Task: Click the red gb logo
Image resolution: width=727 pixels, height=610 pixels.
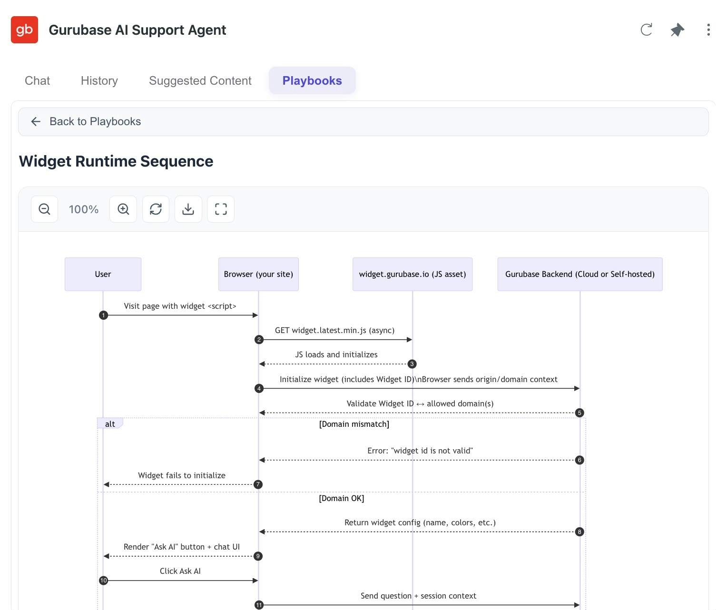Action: [x=24, y=30]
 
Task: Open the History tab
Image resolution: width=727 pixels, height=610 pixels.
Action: [x=99, y=80]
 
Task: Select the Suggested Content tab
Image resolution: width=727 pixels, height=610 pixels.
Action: [x=200, y=80]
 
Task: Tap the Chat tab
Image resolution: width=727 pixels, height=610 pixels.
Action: [x=37, y=80]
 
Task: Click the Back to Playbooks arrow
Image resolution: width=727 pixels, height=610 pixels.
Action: [x=36, y=121]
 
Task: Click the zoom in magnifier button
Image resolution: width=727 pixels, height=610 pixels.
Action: [x=123, y=209]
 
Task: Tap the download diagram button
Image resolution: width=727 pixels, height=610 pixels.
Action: [x=188, y=209]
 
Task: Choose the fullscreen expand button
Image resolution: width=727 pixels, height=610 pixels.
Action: [x=221, y=209]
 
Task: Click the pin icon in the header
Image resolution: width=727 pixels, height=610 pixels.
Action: [x=677, y=30]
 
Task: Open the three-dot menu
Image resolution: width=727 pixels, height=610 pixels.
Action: [x=708, y=30]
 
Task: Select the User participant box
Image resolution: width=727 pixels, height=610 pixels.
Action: [x=103, y=274]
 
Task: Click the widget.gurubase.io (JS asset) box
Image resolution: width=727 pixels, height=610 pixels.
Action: [x=412, y=274]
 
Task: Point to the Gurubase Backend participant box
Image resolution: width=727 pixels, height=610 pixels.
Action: [x=580, y=274]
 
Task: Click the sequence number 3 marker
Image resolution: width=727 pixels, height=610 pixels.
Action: [x=412, y=364]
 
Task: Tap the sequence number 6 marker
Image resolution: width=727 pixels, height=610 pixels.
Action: [x=580, y=460]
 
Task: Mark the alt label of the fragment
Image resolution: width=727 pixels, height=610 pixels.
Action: [x=110, y=424]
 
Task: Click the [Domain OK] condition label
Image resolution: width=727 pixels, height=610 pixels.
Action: [x=341, y=498]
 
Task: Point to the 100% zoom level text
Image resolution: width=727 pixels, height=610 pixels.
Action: [x=84, y=209]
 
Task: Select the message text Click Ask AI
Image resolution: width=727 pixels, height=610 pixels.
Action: [x=180, y=571]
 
